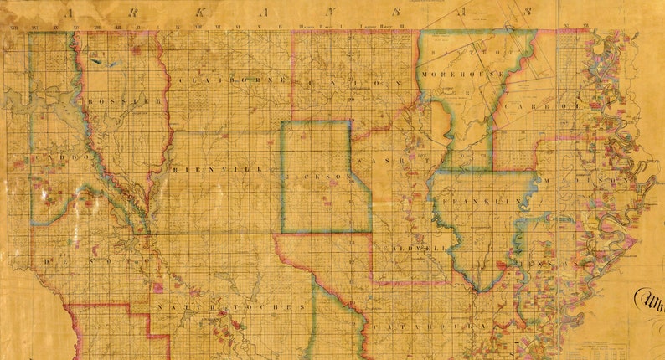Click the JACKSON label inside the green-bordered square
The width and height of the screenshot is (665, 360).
tap(322, 179)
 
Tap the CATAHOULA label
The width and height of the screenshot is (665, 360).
tap(427, 324)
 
